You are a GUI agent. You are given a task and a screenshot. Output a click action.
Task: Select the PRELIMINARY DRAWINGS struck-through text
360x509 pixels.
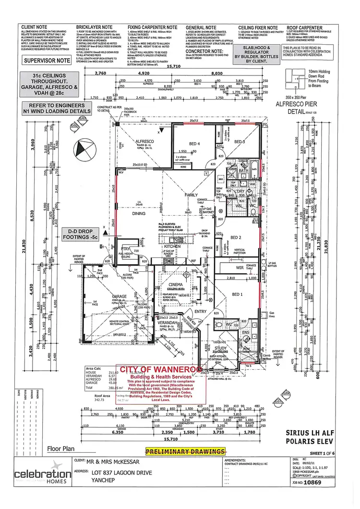coord(185,451)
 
